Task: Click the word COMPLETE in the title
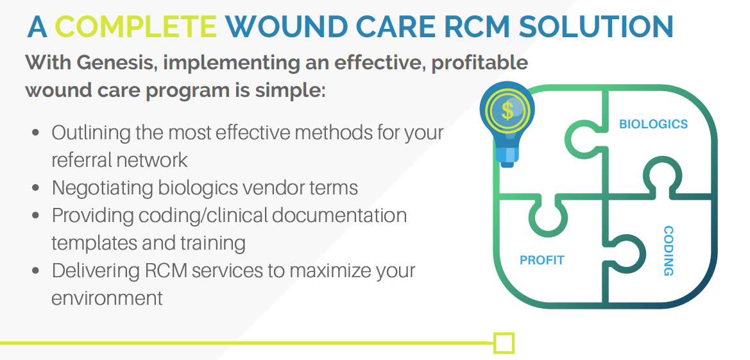tap(136, 27)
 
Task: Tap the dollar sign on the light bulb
tap(507, 110)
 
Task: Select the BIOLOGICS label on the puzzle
tap(653, 124)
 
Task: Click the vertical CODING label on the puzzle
tap(669, 250)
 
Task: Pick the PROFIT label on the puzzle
tap(542, 261)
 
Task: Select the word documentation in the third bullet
tap(339, 216)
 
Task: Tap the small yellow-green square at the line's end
tap(504, 343)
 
